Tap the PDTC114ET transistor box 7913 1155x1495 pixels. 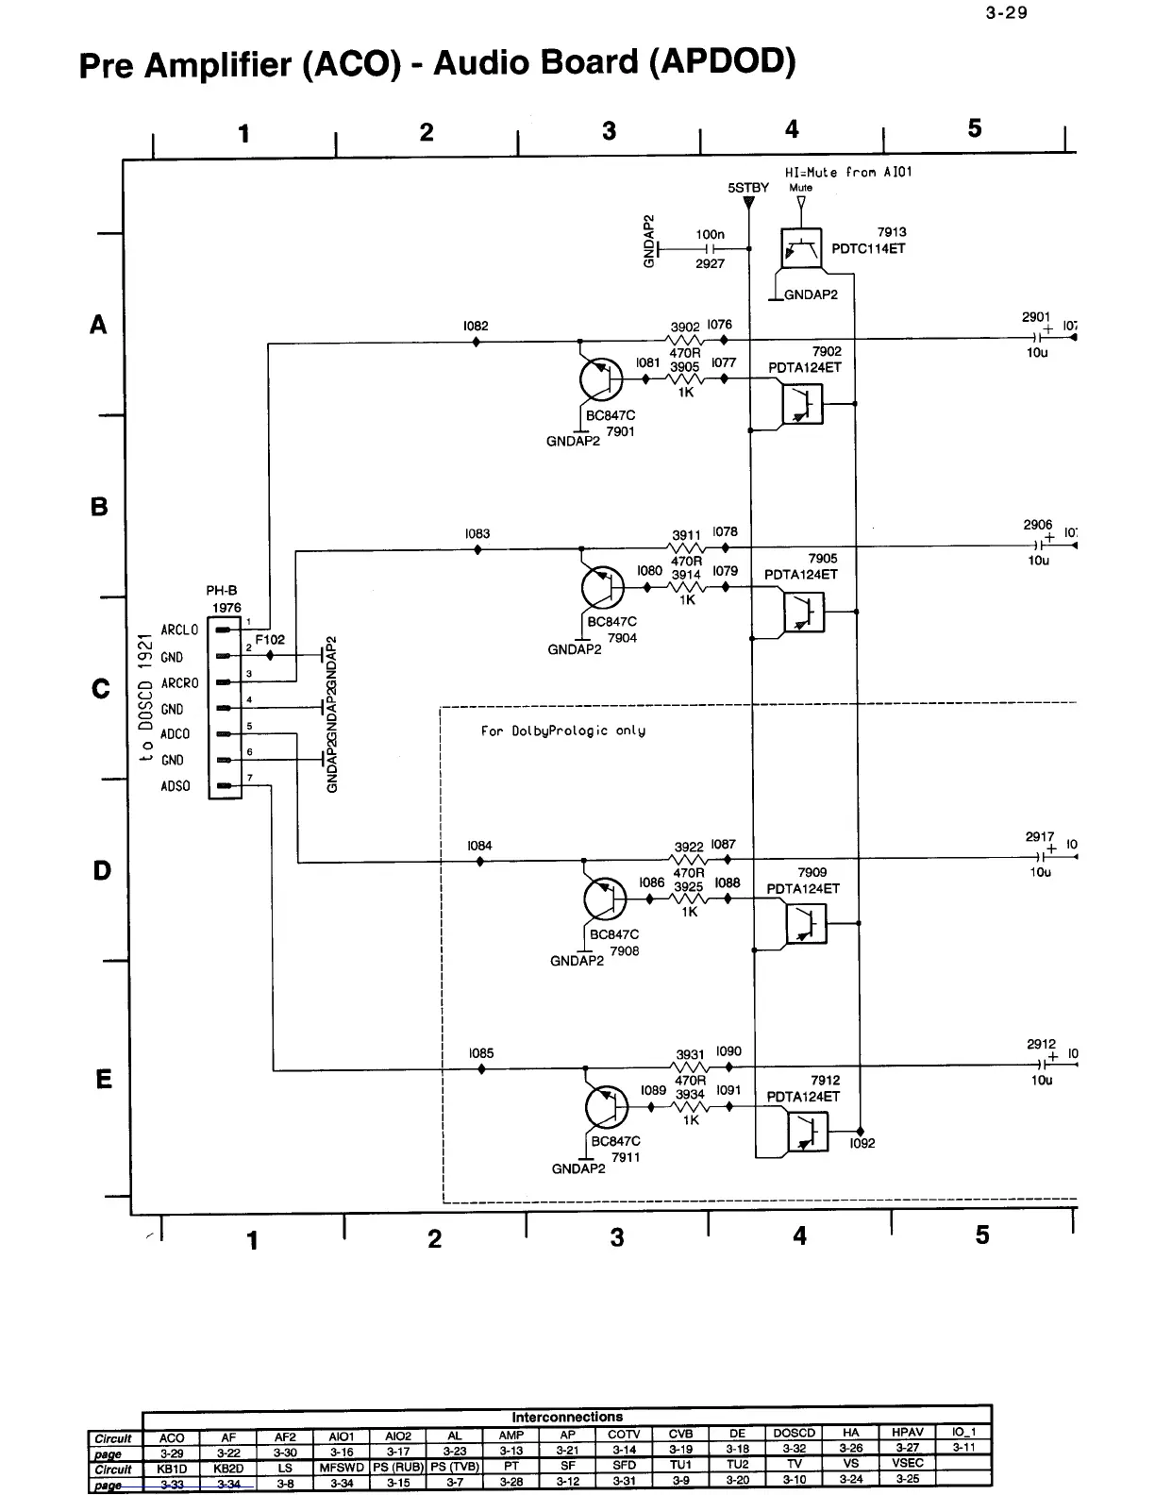coord(801,249)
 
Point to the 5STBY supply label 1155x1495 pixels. coord(748,188)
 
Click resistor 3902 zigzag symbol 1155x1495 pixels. coord(687,341)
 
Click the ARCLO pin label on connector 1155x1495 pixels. coord(179,630)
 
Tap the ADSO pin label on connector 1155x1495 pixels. coord(176,785)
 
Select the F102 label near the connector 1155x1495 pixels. coord(270,639)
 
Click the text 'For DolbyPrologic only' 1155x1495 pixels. coord(562,731)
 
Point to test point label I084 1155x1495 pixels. coord(479,846)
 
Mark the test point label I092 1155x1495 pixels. coord(862,1143)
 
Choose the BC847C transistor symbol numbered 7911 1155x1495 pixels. coord(607,1107)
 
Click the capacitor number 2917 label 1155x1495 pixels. coord(1040,836)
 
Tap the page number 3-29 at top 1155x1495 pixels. coord(1007,12)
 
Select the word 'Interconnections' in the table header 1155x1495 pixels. coord(567,1417)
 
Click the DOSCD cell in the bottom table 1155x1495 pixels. coord(794,1433)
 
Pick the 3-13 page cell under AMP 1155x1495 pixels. coord(511,1449)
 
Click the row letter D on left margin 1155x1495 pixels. coord(102,870)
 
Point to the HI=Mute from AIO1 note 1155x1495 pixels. coord(848,172)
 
